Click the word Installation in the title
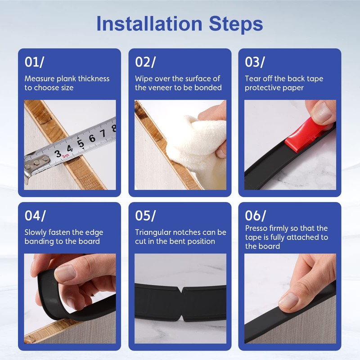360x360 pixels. click(x=149, y=24)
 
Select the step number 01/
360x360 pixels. click(x=34, y=62)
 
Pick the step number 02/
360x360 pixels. click(x=145, y=62)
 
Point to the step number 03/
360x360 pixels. click(x=255, y=62)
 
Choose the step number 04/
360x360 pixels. click(x=35, y=216)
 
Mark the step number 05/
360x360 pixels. click(x=145, y=216)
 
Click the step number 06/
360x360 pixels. click(x=255, y=216)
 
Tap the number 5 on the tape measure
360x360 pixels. click(x=81, y=144)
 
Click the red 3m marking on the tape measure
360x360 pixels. click(x=65, y=156)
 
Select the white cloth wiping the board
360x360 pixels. click(x=195, y=147)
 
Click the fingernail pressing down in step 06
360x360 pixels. click(x=288, y=301)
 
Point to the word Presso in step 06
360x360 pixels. click(x=256, y=228)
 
